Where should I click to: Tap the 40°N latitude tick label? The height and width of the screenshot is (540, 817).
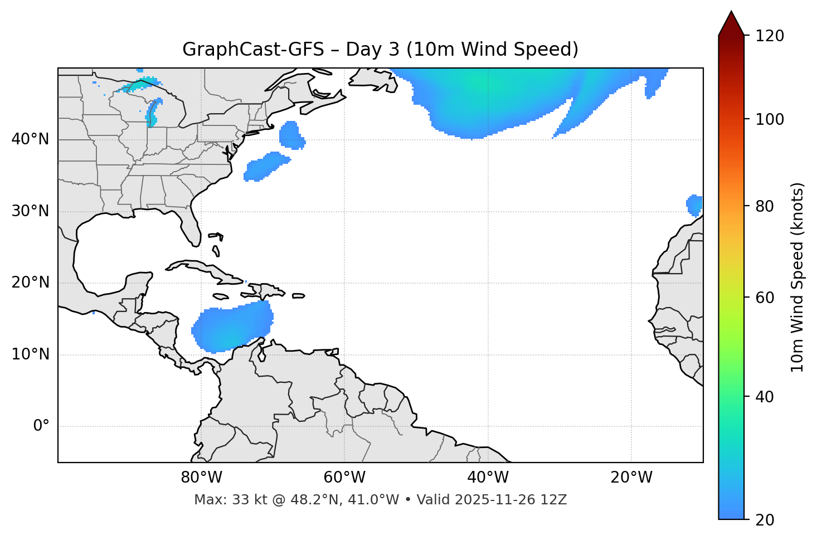tap(30, 139)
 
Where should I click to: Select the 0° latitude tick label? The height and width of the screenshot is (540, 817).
tap(41, 426)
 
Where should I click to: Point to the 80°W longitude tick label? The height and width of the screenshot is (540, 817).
tap(201, 478)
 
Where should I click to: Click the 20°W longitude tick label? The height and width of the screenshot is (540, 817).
tap(631, 478)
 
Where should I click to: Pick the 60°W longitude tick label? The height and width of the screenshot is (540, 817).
tap(344, 478)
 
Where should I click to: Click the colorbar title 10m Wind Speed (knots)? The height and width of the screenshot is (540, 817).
tap(797, 277)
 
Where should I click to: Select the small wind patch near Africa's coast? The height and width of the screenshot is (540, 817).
tap(694, 205)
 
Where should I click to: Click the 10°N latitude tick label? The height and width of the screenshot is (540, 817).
tap(30, 354)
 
